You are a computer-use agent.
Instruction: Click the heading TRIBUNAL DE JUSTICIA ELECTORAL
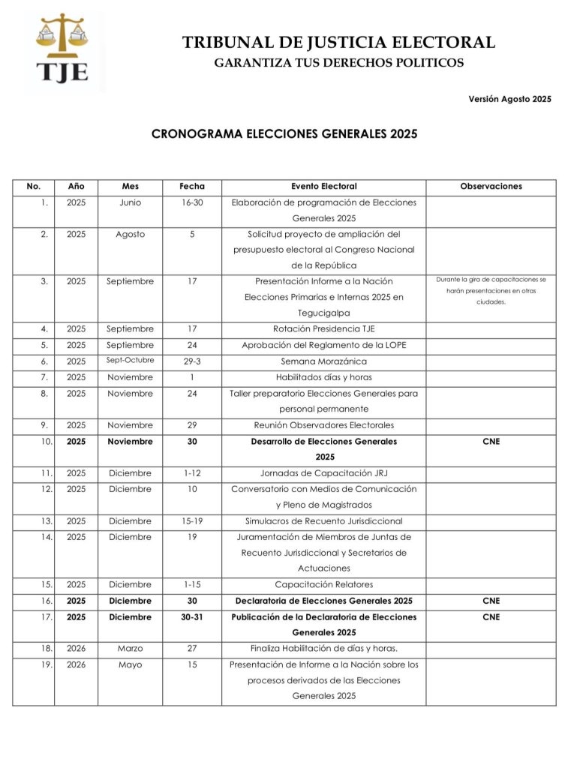pos(338,43)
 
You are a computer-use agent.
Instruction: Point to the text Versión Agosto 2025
pos(509,99)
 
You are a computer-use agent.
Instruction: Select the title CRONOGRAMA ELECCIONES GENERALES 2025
pos(284,134)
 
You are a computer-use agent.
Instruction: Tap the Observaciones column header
pos(491,186)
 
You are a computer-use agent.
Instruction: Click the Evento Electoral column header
pos(324,186)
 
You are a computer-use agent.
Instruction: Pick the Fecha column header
pos(192,186)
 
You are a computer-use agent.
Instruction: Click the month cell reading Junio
pos(130,202)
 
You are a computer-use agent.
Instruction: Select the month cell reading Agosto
pos(130,234)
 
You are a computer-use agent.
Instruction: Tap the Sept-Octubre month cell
pos(130,360)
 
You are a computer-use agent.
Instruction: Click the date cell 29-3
pos(192,361)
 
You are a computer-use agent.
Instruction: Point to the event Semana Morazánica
pos(324,361)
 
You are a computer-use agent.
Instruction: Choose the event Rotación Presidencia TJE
pos(324,328)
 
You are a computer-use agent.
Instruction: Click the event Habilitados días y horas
pos(324,377)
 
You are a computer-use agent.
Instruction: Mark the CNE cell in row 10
pos(491,441)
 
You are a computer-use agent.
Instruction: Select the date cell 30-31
pos(192,617)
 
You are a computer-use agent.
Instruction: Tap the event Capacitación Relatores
pos(324,584)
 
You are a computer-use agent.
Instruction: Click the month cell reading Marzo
pos(130,648)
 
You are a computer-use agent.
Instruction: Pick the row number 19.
pos(44,664)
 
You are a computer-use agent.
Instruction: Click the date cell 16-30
pos(192,202)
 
